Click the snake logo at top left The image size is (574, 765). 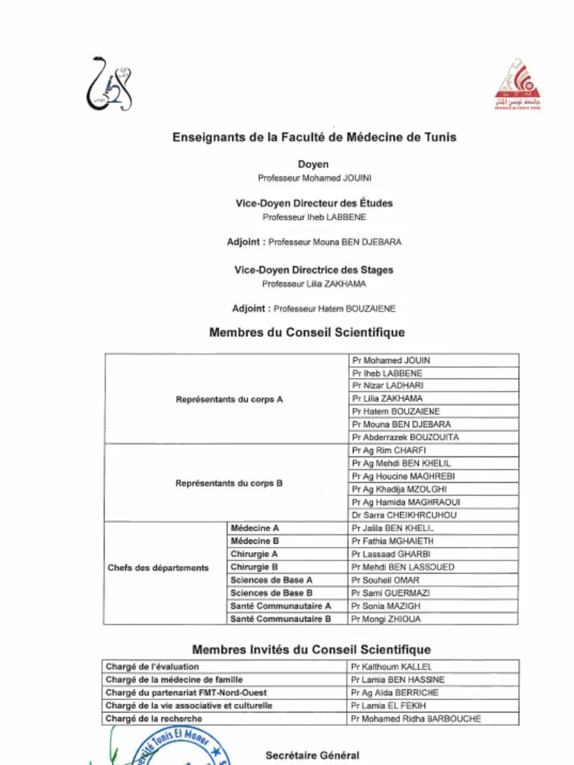point(109,84)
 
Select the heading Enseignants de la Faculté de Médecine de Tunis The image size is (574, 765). point(314,137)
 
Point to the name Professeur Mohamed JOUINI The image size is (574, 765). point(314,179)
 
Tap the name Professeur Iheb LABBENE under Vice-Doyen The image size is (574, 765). point(314,217)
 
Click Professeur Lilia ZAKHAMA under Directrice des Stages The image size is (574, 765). point(314,284)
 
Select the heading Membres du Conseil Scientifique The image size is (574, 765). point(307,332)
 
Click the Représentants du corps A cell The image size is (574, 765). point(229,399)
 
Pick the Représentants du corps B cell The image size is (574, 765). point(229,483)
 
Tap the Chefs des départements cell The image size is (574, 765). point(158,568)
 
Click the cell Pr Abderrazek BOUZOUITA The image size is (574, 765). point(405,437)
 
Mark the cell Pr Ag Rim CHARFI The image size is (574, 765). point(389,450)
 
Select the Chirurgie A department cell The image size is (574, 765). point(254,554)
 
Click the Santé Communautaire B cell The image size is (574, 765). point(280,619)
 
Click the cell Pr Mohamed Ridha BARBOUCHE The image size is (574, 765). point(416,719)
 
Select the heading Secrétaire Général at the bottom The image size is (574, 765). point(312,756)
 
